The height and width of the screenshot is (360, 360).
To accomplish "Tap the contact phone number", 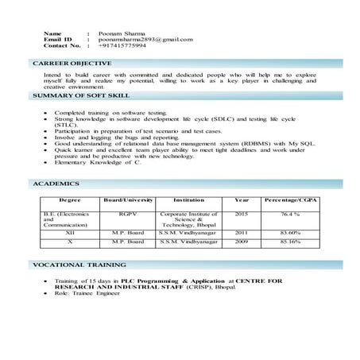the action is [x=122, y=45].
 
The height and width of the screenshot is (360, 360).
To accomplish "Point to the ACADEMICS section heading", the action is [x=56, y=184].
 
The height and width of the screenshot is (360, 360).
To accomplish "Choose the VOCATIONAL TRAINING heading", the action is [x=79, y=264].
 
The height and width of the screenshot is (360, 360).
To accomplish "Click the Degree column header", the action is [x=70, y=200].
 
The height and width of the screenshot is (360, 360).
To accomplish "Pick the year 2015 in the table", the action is [x=242, y=214].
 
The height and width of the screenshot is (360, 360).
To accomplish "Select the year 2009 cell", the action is [x=242, y=241].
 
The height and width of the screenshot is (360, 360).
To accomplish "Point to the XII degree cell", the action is [x=70, y=233].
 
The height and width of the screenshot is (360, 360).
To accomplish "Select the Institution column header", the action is [x=188, y=200].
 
